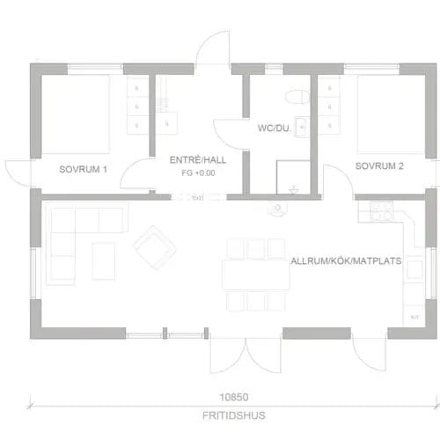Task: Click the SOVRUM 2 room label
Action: coord(379,165)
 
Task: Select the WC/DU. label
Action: coord(274,127)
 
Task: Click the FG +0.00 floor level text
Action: coord(198,173)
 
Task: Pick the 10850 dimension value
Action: coord(232,396)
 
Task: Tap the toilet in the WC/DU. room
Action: coord(296,93)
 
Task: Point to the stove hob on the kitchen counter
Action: coord(379,210)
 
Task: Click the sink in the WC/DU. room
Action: coord(303,123)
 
